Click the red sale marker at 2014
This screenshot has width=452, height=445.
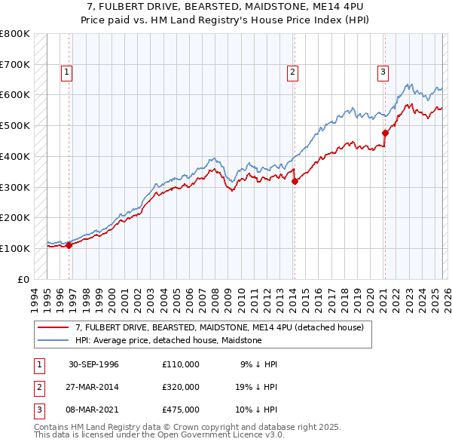point(295,180)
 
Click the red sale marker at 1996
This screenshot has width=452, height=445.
point(69,245)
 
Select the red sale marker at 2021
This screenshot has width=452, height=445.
point(385,133)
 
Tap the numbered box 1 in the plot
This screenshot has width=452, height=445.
point(67,72)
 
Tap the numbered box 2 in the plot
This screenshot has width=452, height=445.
point(292,72)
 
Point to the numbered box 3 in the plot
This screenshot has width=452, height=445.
point(383,72)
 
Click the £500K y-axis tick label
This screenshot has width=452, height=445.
point(15,125)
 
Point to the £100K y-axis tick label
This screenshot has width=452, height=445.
point(15,248)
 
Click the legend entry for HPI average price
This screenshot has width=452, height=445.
point(168,340)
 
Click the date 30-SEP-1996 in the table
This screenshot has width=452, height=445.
point(93,364)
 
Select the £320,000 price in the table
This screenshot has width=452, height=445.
point(180,387)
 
